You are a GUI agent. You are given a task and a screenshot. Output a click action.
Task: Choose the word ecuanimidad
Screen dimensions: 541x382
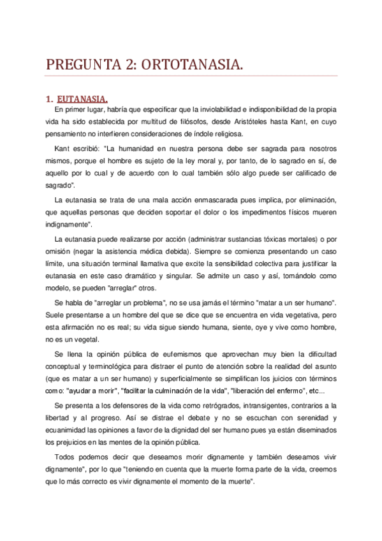click(67, 431)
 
